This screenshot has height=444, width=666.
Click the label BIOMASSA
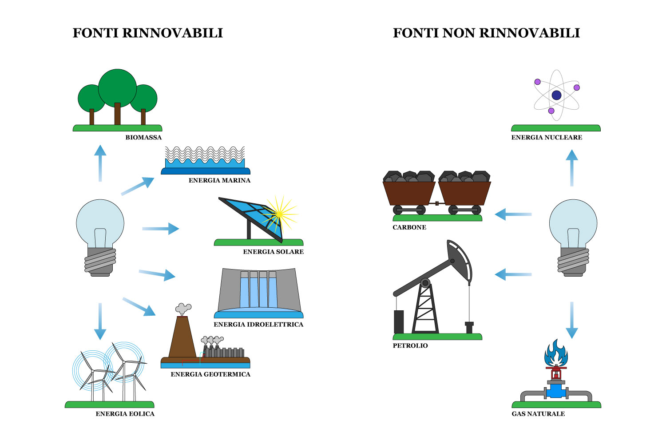pos(143,138)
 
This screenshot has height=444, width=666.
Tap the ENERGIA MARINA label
pos(219,181)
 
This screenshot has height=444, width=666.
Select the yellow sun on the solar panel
pos(279,214)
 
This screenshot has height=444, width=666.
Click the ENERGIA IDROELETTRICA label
pos(258,325)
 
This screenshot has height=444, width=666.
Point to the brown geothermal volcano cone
pos(182,337)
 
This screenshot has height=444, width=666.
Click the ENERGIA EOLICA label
pos(125,414)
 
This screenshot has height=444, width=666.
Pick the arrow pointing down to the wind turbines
pos(100,321)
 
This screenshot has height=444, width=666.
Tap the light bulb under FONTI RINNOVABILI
pos(100,235)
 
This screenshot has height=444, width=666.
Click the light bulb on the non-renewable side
pos(573,235)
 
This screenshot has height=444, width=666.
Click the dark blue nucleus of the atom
pos(556,95)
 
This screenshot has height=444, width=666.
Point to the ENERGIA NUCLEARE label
pos(547,138)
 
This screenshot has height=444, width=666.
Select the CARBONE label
pos(409,227)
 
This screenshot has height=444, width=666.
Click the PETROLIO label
pos(410,346)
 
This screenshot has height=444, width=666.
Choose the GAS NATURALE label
pos(538,414)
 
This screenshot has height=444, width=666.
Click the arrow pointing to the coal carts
pos(513,214)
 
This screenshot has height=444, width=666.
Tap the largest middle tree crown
pos(117,87)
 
